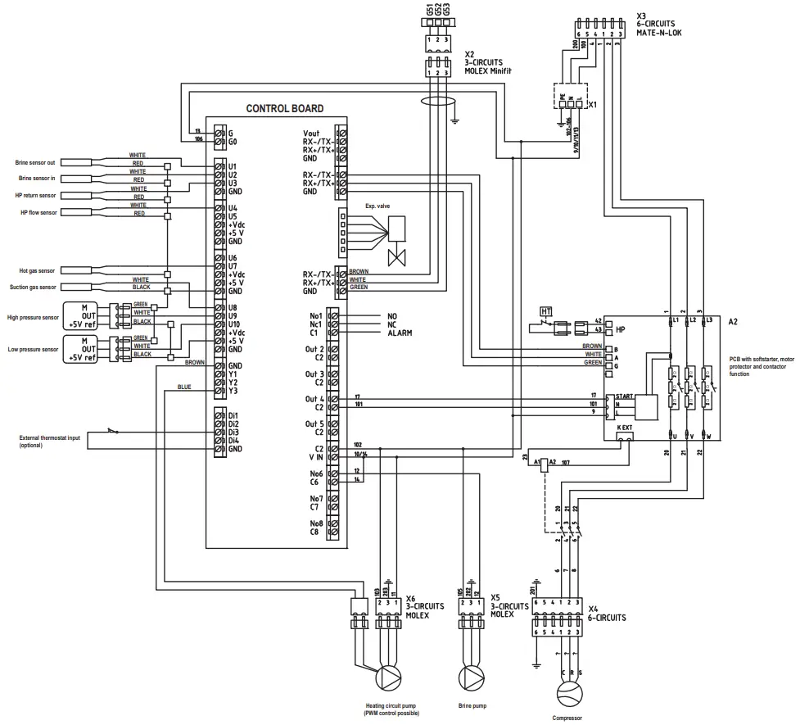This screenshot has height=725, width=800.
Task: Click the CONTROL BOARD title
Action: (284, 108)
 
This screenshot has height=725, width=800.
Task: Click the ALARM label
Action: (400, 333)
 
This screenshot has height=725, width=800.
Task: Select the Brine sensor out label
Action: (38, 163)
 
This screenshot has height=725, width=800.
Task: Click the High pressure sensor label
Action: (33, 317)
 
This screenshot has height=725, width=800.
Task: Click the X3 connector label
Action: (642, 16)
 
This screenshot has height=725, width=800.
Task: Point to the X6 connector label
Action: (411, 599)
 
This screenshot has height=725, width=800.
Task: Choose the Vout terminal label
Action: (311, 133)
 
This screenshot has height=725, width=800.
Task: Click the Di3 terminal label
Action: (233, 432)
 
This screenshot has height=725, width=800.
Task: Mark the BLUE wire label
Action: (184, 387)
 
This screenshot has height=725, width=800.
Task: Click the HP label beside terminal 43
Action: (620, 329)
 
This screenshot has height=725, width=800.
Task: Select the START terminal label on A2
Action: (623, 396)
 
